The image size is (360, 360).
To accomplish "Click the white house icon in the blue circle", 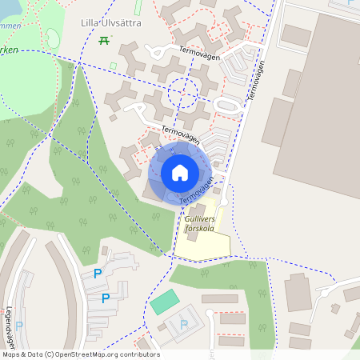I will (180, 173).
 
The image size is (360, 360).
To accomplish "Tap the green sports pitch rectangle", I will (165, 302).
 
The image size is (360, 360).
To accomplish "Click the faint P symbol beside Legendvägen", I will (20, 325).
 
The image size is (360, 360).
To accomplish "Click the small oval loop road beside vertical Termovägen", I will (226, 105).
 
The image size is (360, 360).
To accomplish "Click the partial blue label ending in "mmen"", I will (10, 25).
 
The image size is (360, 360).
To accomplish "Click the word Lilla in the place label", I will (90, 23).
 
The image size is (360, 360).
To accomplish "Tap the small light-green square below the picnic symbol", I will (113, 66).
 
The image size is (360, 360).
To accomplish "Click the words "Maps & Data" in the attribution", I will (22, 354).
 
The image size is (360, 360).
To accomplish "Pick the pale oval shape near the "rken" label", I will (53, 38).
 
